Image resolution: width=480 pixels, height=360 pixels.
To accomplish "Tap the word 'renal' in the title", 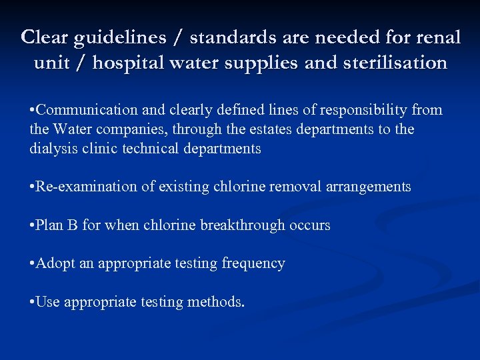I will pos(438,38).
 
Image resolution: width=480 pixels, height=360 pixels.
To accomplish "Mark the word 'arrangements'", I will pos(369,187).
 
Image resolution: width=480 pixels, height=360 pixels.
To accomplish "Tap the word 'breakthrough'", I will pos(245,225).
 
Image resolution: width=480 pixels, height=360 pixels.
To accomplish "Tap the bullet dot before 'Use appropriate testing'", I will pos(32,303).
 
